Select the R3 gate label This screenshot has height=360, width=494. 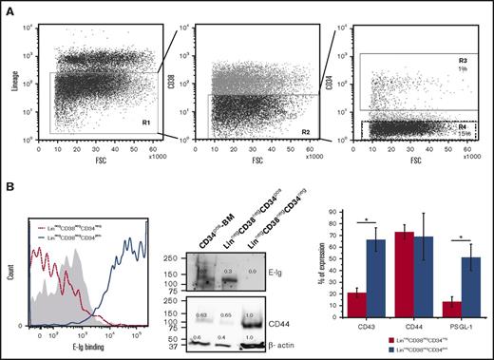(x=461, y=59)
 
